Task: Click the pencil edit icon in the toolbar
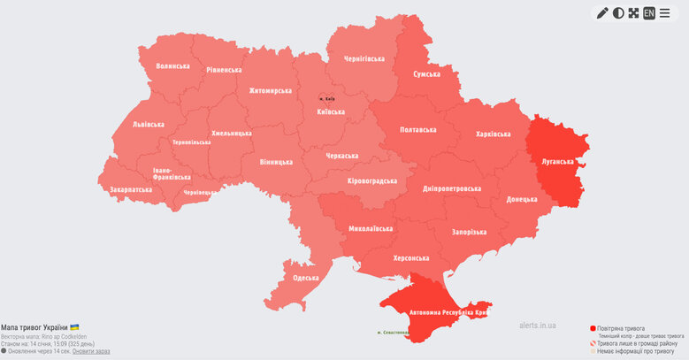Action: pos(602,13)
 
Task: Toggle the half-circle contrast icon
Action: pos(618,13)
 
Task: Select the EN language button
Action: pos(649,13)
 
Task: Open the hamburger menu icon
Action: pos(665,13)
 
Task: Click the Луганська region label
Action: pos(557,162)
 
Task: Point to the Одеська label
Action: pos(305,278)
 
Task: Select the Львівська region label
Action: pos(148,126)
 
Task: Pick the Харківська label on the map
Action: pos(493,134)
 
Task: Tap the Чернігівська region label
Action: pos(364,59)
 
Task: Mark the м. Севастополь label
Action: pos(393,333)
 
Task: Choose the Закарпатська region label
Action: pos(131,189)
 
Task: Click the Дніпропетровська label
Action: pos(451,188)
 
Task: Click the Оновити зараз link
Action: pos(91,351)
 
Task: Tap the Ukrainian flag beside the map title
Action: pos(74,327)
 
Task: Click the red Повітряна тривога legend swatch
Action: pos(593,328)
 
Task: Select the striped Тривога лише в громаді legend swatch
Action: pos(593,343)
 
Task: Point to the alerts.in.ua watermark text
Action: pos(538,326)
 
